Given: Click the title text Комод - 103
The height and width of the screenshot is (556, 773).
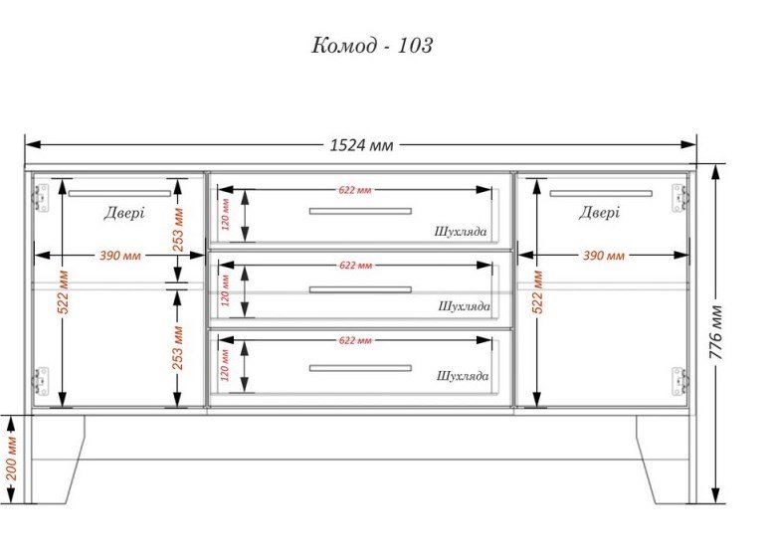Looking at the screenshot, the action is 372,46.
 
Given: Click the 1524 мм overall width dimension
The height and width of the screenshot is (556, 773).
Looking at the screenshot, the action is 361,145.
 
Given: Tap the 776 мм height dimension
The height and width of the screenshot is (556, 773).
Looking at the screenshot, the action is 716,332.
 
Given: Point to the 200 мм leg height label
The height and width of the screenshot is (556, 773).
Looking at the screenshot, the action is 11,459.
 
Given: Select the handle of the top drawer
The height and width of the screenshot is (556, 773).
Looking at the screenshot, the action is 360,211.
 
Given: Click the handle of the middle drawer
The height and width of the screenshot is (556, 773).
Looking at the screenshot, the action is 360,289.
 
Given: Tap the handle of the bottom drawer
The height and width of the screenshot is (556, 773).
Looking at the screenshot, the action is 360,368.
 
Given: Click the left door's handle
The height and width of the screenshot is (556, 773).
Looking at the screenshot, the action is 119,194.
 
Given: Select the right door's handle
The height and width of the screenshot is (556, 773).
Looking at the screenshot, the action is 601,194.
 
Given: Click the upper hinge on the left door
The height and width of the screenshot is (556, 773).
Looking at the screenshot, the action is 41,198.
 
